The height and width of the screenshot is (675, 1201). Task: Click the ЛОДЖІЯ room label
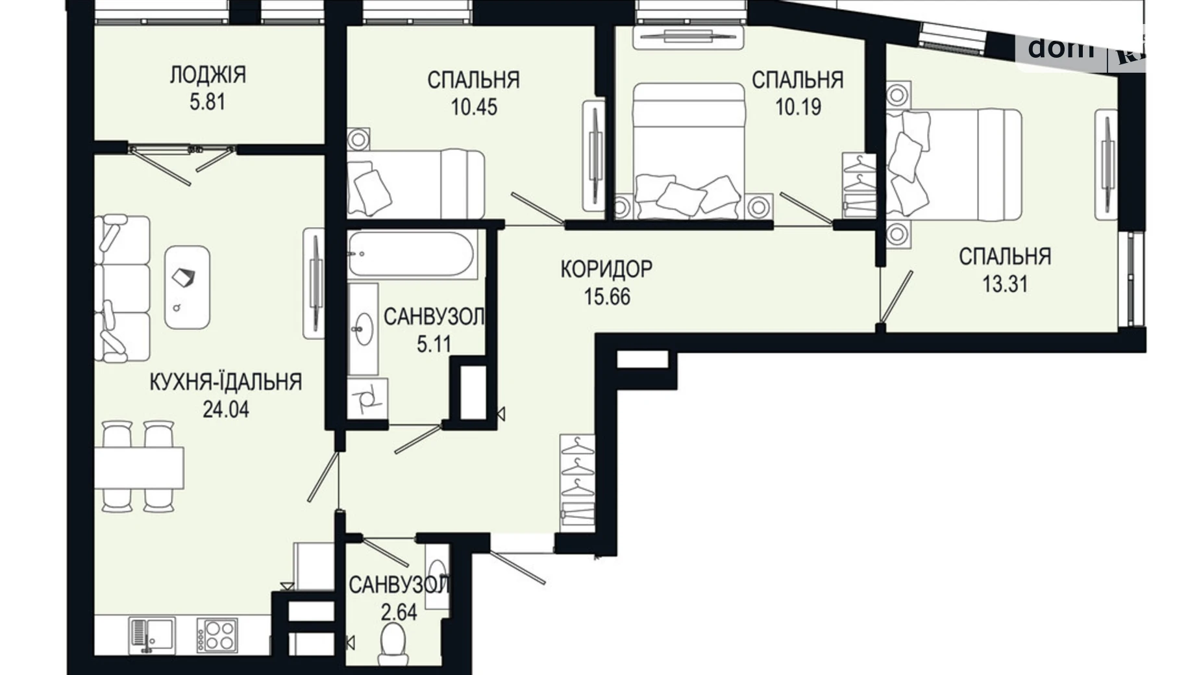208,75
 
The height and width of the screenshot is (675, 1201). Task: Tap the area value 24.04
225,410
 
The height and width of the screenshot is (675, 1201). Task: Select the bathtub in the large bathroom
410,254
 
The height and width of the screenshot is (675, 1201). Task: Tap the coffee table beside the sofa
187,287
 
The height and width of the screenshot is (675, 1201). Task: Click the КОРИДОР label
606,268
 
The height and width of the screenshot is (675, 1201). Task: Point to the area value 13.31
1004,284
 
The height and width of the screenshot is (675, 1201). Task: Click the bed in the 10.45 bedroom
415,184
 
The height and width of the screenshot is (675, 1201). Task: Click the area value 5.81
208,103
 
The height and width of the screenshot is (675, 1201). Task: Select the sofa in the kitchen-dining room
122,289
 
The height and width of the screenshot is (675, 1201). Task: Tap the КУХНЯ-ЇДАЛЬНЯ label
225,382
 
